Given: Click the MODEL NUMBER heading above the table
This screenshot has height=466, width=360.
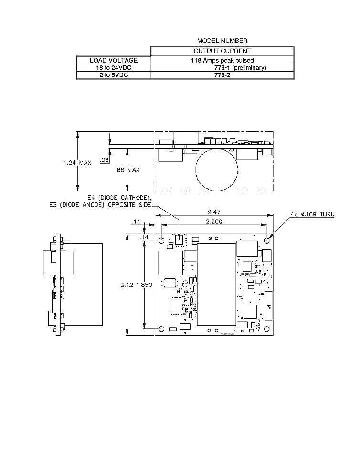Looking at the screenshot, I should coord(222,41).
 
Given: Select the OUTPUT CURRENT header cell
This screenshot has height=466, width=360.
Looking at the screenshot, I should coord(222,51).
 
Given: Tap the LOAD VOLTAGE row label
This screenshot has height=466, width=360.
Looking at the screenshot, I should coord(114,60).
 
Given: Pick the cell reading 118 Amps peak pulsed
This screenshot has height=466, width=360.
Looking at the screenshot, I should coord(222,60).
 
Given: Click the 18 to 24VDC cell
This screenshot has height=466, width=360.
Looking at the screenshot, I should coord(114,68).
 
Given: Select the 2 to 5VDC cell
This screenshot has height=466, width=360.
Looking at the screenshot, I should coord(114,75).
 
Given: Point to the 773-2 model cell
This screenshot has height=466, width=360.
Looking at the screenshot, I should coord(222,75).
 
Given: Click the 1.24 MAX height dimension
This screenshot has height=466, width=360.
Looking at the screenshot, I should coord(77,162).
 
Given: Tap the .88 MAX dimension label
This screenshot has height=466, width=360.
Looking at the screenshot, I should coord(127,170).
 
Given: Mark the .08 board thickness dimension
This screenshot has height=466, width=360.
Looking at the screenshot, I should coord(104,161).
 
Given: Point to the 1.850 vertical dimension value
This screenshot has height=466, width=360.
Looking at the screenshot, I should coord(144,285).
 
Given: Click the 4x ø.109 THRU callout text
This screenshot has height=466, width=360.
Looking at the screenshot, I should coord(313,214).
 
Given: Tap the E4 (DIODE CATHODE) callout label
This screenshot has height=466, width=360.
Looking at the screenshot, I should coord(119,198).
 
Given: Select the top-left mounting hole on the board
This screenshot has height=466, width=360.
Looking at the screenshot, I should coord(161,240).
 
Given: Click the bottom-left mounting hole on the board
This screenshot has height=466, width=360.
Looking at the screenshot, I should coord(161,328).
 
